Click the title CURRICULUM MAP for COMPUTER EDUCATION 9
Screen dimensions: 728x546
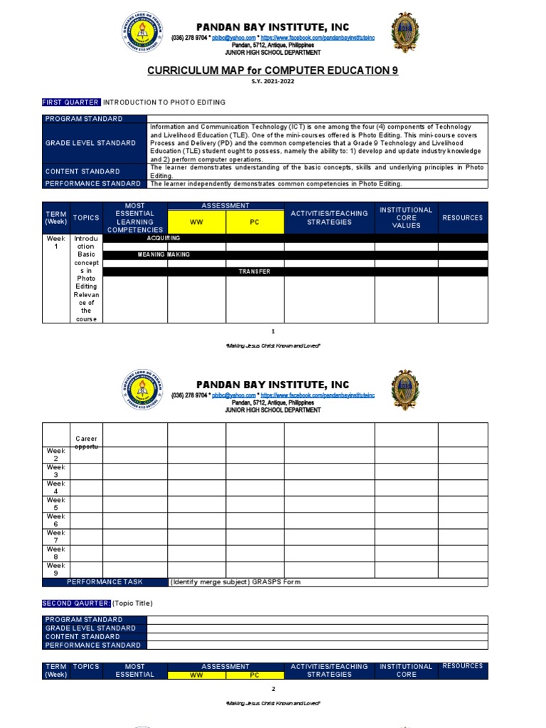(x=272, y=70)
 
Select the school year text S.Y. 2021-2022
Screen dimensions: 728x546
(x=272, y=81)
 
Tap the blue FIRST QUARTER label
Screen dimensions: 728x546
(x=71, y=102)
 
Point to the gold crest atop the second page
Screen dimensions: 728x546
(x=405, y=390)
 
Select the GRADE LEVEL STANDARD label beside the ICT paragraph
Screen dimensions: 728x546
(x=90, y=143)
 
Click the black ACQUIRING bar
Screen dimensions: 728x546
(x=164, y=238)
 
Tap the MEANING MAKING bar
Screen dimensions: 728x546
(x=164, y=255)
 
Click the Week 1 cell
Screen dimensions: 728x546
(x=56, y=242)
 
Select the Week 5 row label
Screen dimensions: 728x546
(x=56, y=504)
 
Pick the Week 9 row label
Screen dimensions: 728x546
(x=56, y=569)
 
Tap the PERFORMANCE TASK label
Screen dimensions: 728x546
(x=105, y=582)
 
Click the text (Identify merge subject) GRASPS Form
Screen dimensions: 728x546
(x=235, y=582)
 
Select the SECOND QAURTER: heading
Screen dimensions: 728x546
(x=76, y=603)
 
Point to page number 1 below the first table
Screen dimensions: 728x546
(x=272, y=331)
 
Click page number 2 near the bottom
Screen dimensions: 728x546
(x=272, y=689)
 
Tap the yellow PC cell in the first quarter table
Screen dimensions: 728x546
(x=255, y=222)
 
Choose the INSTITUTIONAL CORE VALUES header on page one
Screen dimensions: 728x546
(x=406, y=218)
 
